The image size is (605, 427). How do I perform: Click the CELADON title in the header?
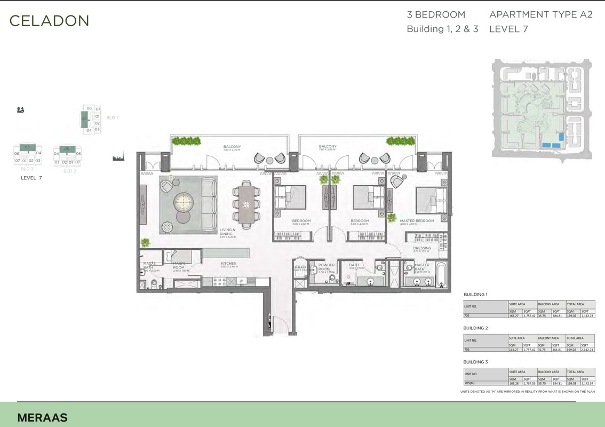(49, 21)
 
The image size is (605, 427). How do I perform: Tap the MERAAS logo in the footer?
(42, 417)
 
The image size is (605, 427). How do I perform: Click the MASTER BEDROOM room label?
(417, 220)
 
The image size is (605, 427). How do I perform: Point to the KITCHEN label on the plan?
(229, 263)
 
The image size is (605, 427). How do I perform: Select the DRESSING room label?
(422, 248)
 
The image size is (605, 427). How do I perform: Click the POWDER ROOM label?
(326, 267)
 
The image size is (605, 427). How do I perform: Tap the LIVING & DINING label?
(227, 232)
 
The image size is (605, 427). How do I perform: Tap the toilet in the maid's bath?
(154, 282)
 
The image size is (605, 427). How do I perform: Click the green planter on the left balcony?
(186, 141)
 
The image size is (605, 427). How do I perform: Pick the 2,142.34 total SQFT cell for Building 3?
(587, 383)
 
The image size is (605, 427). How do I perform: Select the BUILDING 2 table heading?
(476, 328)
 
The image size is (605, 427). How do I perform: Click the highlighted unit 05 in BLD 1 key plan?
(84, 119)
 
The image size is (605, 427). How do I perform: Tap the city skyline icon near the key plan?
(118, 157)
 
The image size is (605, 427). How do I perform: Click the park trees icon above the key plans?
(21, 110)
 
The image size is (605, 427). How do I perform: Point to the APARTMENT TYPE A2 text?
(540, 15)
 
